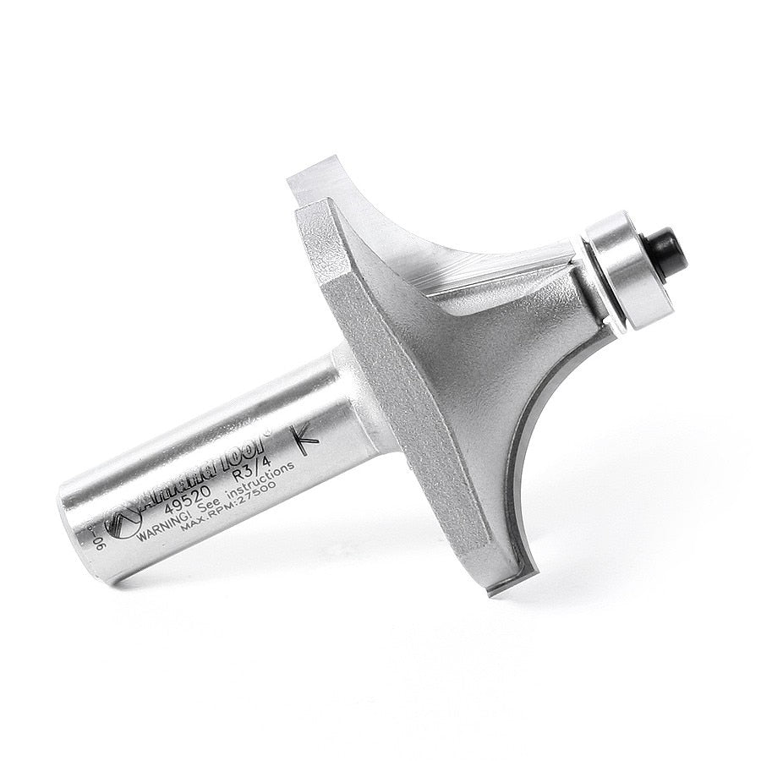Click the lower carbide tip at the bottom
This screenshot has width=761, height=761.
[x=498, y=585]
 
